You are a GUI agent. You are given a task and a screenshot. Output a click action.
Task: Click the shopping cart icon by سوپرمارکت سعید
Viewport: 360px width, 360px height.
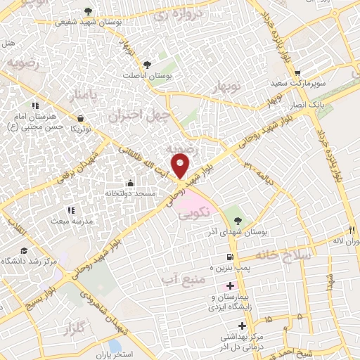pyautogui.click(x=297, y=73)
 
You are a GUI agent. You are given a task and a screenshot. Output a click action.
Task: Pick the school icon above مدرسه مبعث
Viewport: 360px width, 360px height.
pyautogui.click(x=70, y=210)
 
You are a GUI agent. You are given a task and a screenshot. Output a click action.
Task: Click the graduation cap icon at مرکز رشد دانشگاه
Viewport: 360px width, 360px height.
pyautogui.click(x=25, y=250)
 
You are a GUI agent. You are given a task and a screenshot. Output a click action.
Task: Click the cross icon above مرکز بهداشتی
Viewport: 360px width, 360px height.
pyautogui.click(x=243, y=326)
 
